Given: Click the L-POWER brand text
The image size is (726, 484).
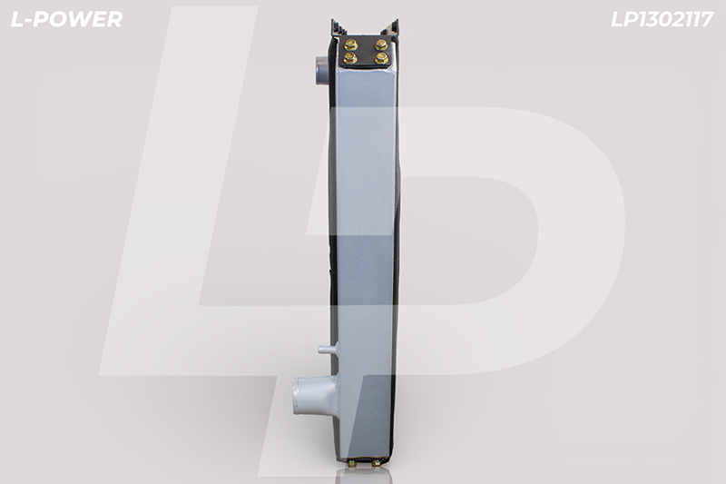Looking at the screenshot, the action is click(x=66, y=19).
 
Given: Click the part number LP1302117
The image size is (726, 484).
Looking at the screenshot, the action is click(x=662, y=19).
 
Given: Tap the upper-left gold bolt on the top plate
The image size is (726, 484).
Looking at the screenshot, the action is click(x=350, y=44).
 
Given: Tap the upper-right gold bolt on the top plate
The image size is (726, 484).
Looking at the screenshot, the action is click(x=380, y=44).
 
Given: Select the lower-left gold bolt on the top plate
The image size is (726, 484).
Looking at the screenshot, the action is click(x=349, y=58).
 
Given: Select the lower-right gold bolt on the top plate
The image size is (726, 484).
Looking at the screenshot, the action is click(x=381, y=58).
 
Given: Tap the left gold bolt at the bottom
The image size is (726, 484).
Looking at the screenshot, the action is click(x=353, y=463).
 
